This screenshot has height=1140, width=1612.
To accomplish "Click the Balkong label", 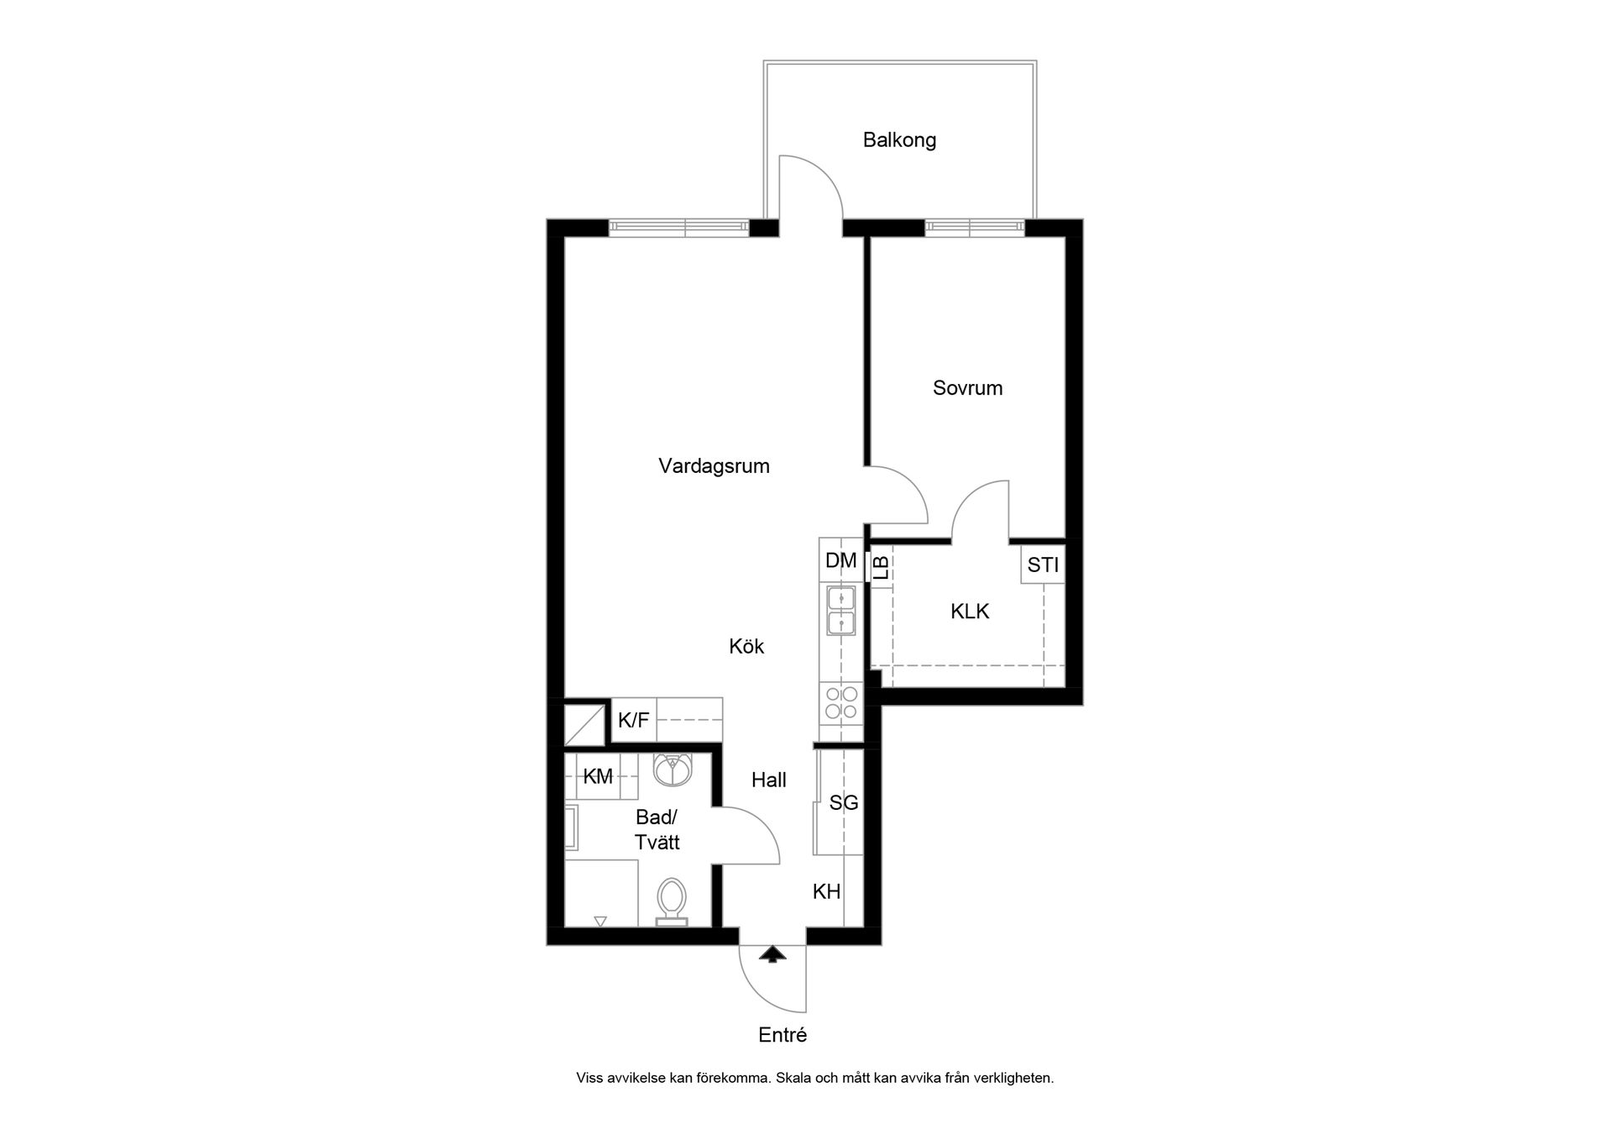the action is pyautogui.click(x=899, y=140).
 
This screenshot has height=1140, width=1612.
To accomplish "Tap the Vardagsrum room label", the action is pyautogui.click(x=714, y=466).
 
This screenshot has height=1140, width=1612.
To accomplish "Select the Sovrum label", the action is pyautogui.click(x=967, y=388).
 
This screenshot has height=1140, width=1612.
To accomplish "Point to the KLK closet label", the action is pyautogui.click(x=970, y=612).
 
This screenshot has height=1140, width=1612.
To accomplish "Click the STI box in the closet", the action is pyautogui.click(x=1043, y=565).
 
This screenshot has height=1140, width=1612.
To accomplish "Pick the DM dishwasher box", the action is pyautogui.click(x=840, y=560).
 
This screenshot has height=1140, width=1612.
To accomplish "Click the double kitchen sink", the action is pyautogui.click(x=840, y=611).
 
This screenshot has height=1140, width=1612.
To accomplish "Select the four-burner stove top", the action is pyautogui.click(x=841, y=703).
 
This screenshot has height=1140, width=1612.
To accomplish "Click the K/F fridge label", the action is pyautogui.click(x=634, y=720).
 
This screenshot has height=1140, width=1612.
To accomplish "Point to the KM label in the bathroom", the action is pyautogui.click(x=598, y=777).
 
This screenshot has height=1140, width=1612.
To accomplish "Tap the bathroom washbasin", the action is pyautogui.click(x=673, y=770).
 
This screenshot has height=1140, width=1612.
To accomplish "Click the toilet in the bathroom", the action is pyautogui.click(x=671, y=902).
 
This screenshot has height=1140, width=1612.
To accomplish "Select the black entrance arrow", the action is pyautogui.click(x=772, y=954).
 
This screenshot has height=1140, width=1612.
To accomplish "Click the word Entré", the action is pyautogui.click(x=782, y=1035).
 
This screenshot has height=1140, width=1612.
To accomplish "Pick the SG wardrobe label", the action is pyautogui.click(x=844, y=803).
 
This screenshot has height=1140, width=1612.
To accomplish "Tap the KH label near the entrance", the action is pyautogui.click(x=827, y=891).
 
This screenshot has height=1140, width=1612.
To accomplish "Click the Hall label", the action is pyautogui.click(x=768, y=780).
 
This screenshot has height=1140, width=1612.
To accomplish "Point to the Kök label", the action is pyautogui.click(x=746, y=646).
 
